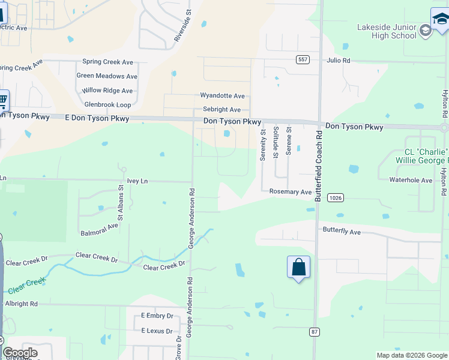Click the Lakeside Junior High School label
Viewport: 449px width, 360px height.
387,31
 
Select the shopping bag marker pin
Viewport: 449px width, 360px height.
298,268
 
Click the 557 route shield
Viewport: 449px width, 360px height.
303,59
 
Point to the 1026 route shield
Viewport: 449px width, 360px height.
335,197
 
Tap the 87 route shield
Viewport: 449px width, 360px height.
314,331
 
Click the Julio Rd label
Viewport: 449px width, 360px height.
339,61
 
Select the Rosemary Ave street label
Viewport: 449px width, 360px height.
290,192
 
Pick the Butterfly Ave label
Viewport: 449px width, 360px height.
342,231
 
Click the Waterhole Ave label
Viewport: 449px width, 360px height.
411,180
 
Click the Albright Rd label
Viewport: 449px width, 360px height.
21,304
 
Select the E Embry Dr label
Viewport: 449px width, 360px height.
157,316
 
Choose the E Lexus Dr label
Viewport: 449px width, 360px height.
157,331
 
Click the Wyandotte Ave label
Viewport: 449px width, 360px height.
222,96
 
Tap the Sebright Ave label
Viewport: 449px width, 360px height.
221,110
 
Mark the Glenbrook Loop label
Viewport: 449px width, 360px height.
107,104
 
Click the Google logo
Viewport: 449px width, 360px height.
20,353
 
